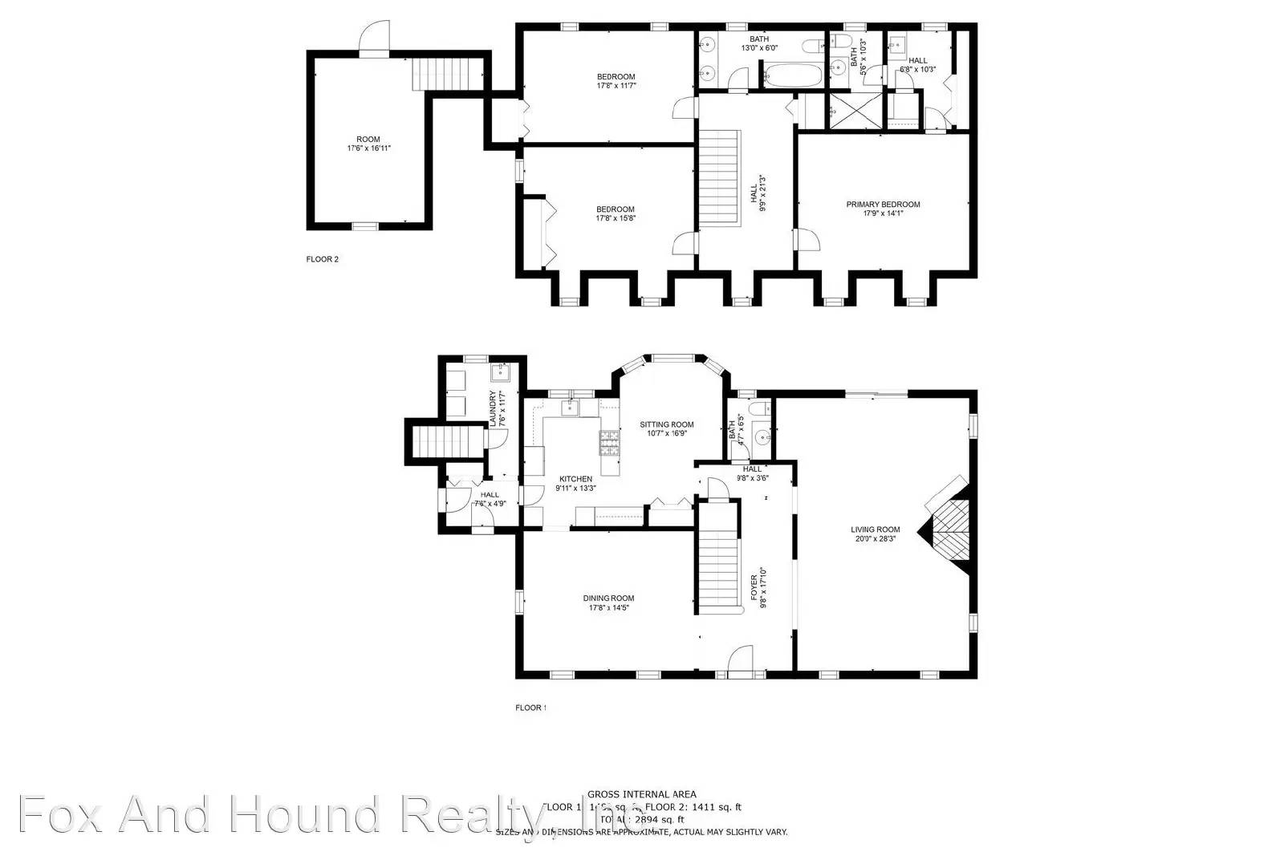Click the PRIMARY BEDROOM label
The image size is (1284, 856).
[x=883, y=205]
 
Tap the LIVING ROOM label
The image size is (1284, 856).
[x=876, y=529]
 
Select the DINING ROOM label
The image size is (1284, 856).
[x=608, y=598]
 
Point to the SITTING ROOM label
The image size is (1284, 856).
[x=666, y=424]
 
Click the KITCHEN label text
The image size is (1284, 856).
[x=576, y=479]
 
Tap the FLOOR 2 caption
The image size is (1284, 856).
[x=323, y=259]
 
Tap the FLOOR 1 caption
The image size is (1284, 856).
[x=530, y=708]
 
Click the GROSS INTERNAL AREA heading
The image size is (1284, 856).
[x=641, y=794]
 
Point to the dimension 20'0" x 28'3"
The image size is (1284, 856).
[x=876, y=539]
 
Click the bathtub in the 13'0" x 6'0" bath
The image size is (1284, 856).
[x=793, y=77]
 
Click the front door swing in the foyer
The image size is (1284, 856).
[x=741, y=659]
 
